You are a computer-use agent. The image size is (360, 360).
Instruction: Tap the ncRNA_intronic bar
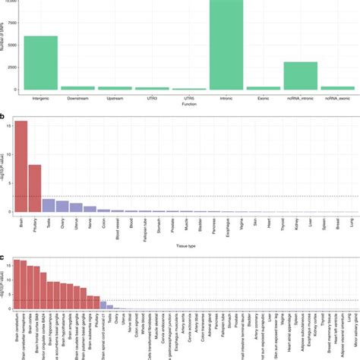pyautogui.click(x=301, y=76)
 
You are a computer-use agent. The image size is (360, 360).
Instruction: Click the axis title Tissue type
pyautogui.click(x=186, y=246)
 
